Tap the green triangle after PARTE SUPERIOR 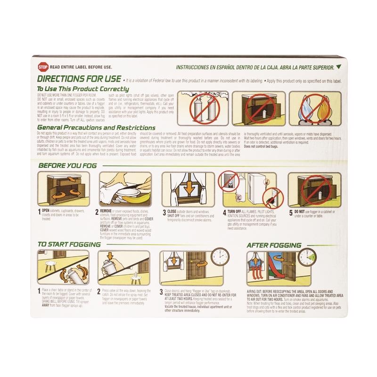tap(338, 67)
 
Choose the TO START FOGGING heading tap(67, 246)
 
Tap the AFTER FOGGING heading tap(274, 246)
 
